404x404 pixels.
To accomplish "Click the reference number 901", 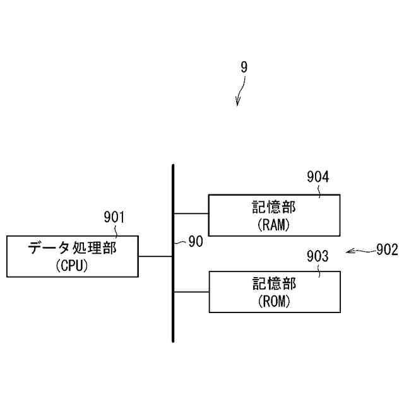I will pyautogui.click(x=114, y=218).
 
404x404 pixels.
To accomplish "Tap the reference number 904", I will pyautogui.click(x=318, y=177).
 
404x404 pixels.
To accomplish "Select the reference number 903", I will pyautogui.click(x=318, y=256).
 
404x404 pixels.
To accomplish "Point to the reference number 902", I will pyautogui.click(x=386, y=250).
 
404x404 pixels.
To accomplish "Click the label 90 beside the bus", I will pyautogui.click(x=196, y=242).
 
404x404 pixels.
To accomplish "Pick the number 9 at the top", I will pyautogui.click(x=244, y=66).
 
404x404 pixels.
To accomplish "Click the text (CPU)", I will pyautogui.click(x=71, y=266).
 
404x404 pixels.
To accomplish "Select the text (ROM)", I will pyautogui.click(x=273, y=301).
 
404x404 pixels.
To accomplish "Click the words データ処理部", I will pyautogui.click(x=72, y=248).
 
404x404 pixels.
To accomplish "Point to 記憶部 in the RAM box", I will pyautogui.click(x=274, y=206).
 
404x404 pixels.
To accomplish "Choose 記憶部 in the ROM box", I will pyautogui.click(x=274, y=284).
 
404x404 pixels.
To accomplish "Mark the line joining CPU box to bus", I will pyautogui.click(x=155, y=256).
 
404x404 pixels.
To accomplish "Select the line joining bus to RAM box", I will pyautogui.click(x=191, y=214).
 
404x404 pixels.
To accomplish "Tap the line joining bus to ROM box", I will pyautogui.click(x=191, y=292).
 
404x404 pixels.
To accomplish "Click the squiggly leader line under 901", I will pyautogui.click(x=116, y=230).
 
